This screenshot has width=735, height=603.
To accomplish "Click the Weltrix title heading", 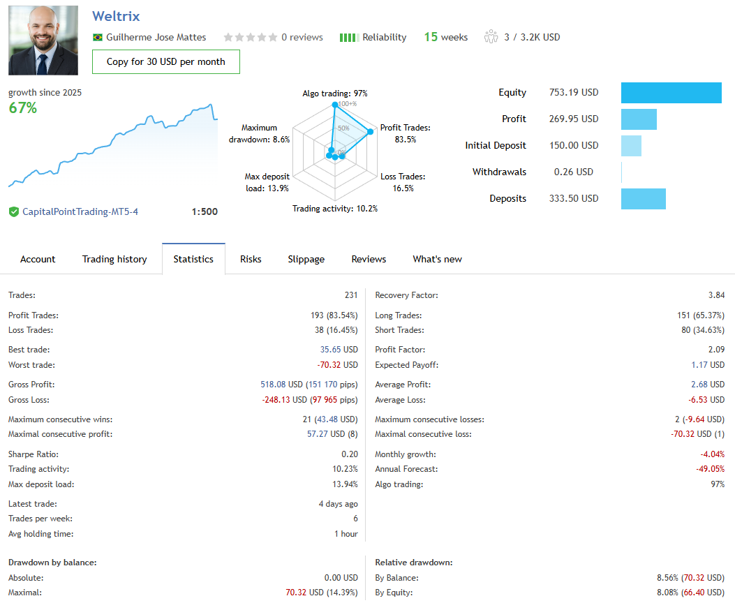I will [116, 16].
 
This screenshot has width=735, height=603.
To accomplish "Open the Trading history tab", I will [114, 259].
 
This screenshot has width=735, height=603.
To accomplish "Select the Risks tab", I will [251, 259].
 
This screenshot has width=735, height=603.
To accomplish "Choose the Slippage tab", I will [306, 259].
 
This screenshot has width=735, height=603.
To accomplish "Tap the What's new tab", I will [437, 259].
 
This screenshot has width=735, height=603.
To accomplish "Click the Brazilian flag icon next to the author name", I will [98, 38].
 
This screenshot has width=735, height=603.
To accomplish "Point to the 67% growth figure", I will [23, 108].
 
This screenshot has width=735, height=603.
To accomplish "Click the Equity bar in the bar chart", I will [671, 93].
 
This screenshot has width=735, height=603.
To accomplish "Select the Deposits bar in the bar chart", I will [643, 199].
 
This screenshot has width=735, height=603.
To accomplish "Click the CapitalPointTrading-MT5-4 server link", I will [80, 211].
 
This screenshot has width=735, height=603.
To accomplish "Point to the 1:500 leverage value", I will [205, 211].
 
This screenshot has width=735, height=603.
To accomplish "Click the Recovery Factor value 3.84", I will [716, 295].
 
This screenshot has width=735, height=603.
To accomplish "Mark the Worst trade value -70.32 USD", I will [339, 365].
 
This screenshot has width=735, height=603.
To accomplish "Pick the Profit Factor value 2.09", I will [716, 350].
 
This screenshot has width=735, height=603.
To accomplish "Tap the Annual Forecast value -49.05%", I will [710, 469].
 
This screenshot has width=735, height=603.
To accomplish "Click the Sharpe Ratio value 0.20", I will [350, 454].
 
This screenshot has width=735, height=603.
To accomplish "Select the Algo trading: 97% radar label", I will [335, 94].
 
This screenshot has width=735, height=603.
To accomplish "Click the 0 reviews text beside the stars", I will [302, 38].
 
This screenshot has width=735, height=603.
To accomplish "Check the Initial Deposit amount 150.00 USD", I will [574, 146].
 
